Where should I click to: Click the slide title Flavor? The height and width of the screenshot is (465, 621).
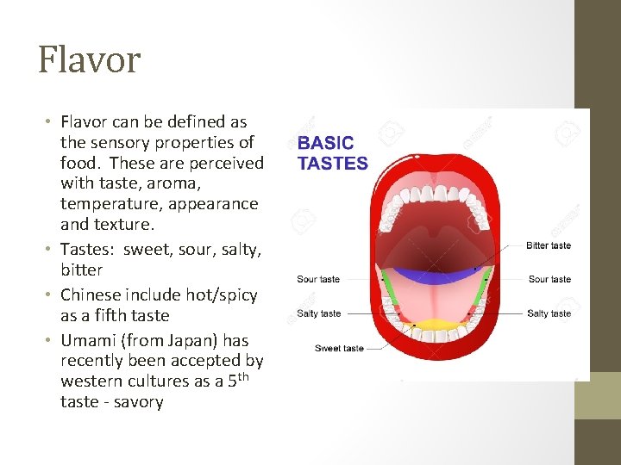89,60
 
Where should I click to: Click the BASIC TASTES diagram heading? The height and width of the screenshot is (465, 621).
332,153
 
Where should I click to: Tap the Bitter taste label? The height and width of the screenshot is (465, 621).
549,245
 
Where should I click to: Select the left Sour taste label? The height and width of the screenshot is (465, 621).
318,279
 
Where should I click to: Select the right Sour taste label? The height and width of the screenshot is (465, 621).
549,279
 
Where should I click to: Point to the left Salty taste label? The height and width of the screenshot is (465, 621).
318,313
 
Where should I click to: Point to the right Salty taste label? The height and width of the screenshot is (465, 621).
549,313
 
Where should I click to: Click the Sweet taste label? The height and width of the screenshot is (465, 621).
339,348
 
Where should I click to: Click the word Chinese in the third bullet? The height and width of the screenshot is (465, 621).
91,294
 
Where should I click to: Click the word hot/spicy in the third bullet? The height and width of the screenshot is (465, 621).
222,294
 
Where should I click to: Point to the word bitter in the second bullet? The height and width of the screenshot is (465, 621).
81,270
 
